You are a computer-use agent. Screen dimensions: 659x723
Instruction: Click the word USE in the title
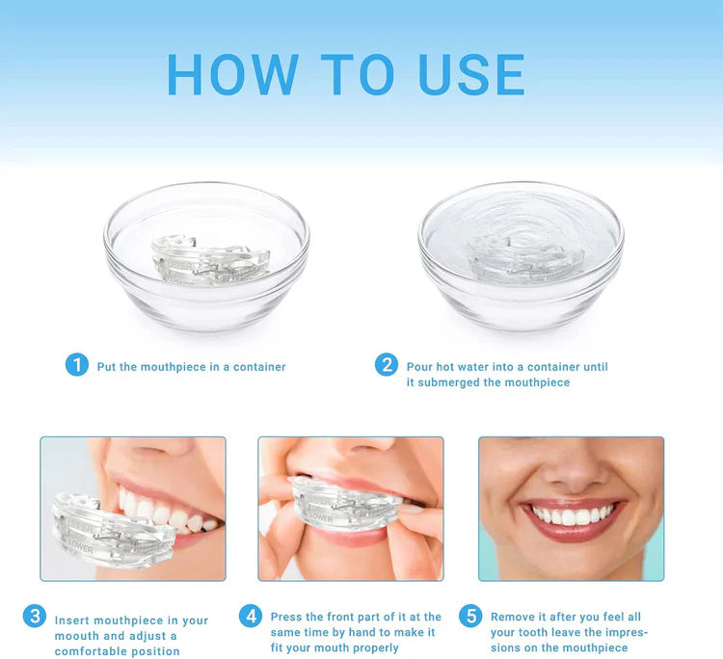click(472, 74)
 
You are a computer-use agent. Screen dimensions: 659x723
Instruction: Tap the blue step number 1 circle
click(77, 365)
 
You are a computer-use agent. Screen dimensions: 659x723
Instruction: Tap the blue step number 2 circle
click(387, 365)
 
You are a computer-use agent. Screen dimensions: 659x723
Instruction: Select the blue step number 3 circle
click(35, 616)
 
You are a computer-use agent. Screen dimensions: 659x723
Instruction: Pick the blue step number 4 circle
click(251, 616)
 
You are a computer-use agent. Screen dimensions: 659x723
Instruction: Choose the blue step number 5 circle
click(470, 616)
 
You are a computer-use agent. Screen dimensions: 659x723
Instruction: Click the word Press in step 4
click(286, 617)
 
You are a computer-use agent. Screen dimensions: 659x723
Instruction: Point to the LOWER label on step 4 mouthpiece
click(321, 518)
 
